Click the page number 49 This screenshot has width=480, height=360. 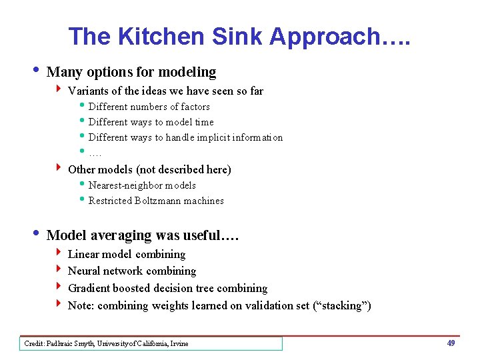[451, 343]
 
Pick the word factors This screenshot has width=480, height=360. [195, 107]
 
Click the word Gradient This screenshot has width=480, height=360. [89, 289]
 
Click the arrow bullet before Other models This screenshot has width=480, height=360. [59, 169]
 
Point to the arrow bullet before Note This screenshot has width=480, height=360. [59, 305]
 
